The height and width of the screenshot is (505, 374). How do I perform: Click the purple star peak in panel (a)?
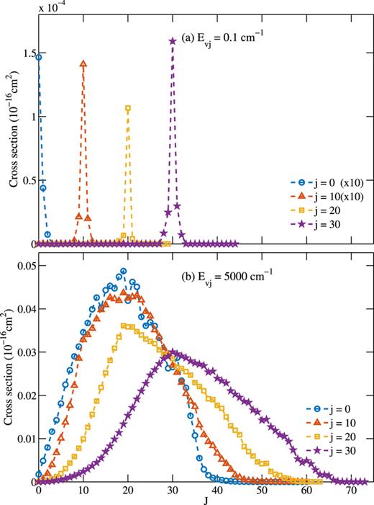coord(173,41)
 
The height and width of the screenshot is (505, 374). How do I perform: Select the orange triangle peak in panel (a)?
coord(83,63)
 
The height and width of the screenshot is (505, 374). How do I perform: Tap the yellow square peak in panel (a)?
coord(128,108)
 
